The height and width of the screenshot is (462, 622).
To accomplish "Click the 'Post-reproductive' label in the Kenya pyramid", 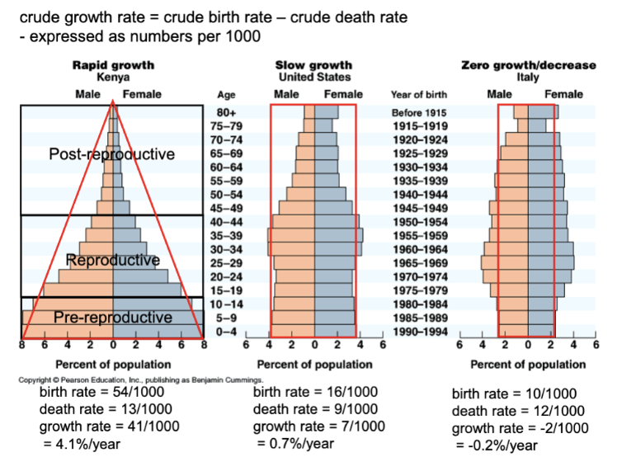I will [x=112, y=154].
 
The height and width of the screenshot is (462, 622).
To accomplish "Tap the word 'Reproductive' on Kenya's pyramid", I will [x=112, y=262].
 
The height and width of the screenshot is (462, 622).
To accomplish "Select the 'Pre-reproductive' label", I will [x=113, y=318].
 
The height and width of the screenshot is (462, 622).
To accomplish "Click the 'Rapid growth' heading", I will [x=112, y=64].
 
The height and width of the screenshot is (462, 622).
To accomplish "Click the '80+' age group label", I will [x=225, y=111].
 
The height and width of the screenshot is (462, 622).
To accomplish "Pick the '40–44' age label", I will [x=225, y=222].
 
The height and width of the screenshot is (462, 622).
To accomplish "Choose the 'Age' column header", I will [x=225, y=95].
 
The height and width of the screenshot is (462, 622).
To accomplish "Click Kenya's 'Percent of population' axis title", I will [x=113, y=364].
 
